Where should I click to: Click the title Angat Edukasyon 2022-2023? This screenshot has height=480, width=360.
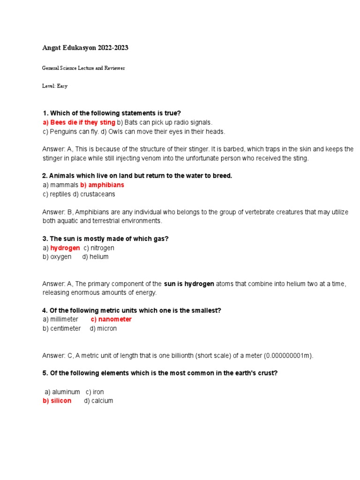click(x=85, y=48)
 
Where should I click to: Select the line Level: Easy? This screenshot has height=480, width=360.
click(x=55, y=86)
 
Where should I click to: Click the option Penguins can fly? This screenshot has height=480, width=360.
click(x=70, y=131)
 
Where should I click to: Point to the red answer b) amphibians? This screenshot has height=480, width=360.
click(x=102, y=185)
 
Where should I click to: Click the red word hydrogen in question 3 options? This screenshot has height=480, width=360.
click(x=65, y=248)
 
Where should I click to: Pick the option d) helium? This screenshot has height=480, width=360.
click(x=95, y=257)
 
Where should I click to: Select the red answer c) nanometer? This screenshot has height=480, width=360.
click(x=111, y=319)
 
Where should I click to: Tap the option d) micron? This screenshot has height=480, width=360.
click(x=103, y=329)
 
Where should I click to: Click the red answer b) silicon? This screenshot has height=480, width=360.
click(x=57, y=401)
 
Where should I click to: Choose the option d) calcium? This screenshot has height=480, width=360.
click(x=98, y=401)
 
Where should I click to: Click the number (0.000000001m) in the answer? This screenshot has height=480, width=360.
click(x=288, y=356)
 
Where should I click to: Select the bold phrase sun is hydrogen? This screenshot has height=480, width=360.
click(x=189, y=284)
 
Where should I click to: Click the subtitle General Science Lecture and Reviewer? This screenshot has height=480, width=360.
click(x=83, y=68)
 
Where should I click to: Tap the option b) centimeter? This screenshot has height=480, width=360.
click(x=62, y=329)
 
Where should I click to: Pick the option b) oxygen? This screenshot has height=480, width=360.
click(x=57, y=257)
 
